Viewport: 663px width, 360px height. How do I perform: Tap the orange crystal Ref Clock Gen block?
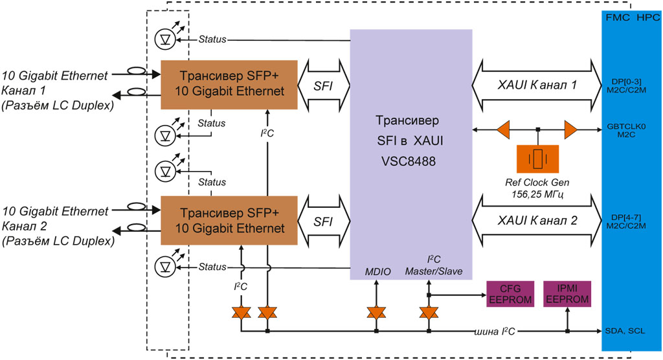pos(538,158)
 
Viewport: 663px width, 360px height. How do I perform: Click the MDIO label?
pos(377,271)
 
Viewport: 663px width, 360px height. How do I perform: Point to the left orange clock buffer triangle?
pos(503,130)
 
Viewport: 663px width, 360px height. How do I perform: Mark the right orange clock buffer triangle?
pos(570,130)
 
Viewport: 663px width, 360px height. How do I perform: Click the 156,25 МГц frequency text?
pos(537,192)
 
